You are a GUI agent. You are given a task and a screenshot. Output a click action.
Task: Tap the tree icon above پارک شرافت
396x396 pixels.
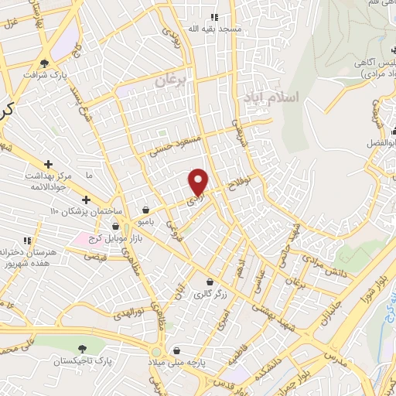47,63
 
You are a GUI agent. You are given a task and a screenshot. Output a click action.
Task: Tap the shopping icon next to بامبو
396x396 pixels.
146,209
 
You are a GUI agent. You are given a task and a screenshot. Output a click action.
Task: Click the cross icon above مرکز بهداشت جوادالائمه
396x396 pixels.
48,164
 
